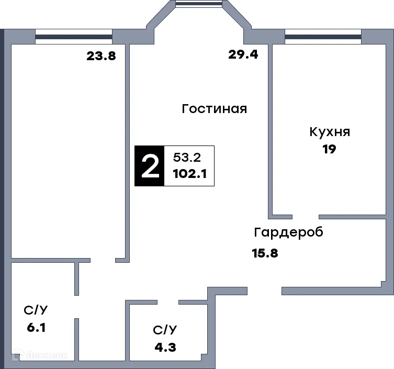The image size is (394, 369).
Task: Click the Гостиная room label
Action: click(214, 109)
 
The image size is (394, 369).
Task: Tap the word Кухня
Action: click(329, 131)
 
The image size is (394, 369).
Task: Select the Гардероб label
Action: click(288, 232)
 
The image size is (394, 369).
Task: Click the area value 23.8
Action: click(101, 56)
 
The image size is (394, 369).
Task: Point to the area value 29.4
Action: click(243, 54)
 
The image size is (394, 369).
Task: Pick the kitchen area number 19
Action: click(329, 149)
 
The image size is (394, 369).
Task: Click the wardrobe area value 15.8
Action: click(265, 254)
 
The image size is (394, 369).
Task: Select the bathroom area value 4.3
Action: click(165, 346)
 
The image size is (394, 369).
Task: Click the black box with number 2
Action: click(150, 166)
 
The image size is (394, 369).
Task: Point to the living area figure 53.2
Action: click(187, 157)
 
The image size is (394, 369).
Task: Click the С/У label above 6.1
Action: click(36, 310)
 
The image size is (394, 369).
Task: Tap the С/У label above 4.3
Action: click(165, 330)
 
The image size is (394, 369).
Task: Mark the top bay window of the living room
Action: click(199, 4)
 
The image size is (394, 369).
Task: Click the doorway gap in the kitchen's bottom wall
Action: click(306, 216)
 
